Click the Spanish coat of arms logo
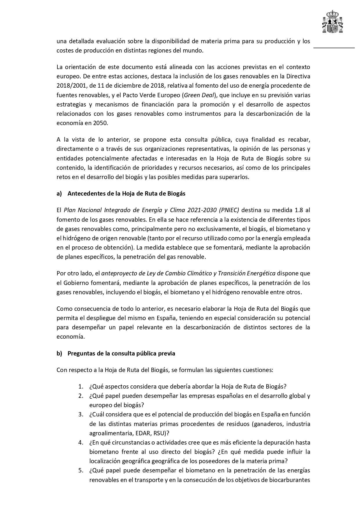pyautogui.click(x=333, y=22)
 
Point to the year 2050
pyautogui.click(x=100, y=123)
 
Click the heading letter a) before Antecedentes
pyautogui.click(x=59, y=194)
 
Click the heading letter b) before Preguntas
pyautogui.click(x=59, y=353)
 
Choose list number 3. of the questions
pyautogui.click(x=81, y=414)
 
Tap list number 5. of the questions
pyautogui.click(x=81, y=470)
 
